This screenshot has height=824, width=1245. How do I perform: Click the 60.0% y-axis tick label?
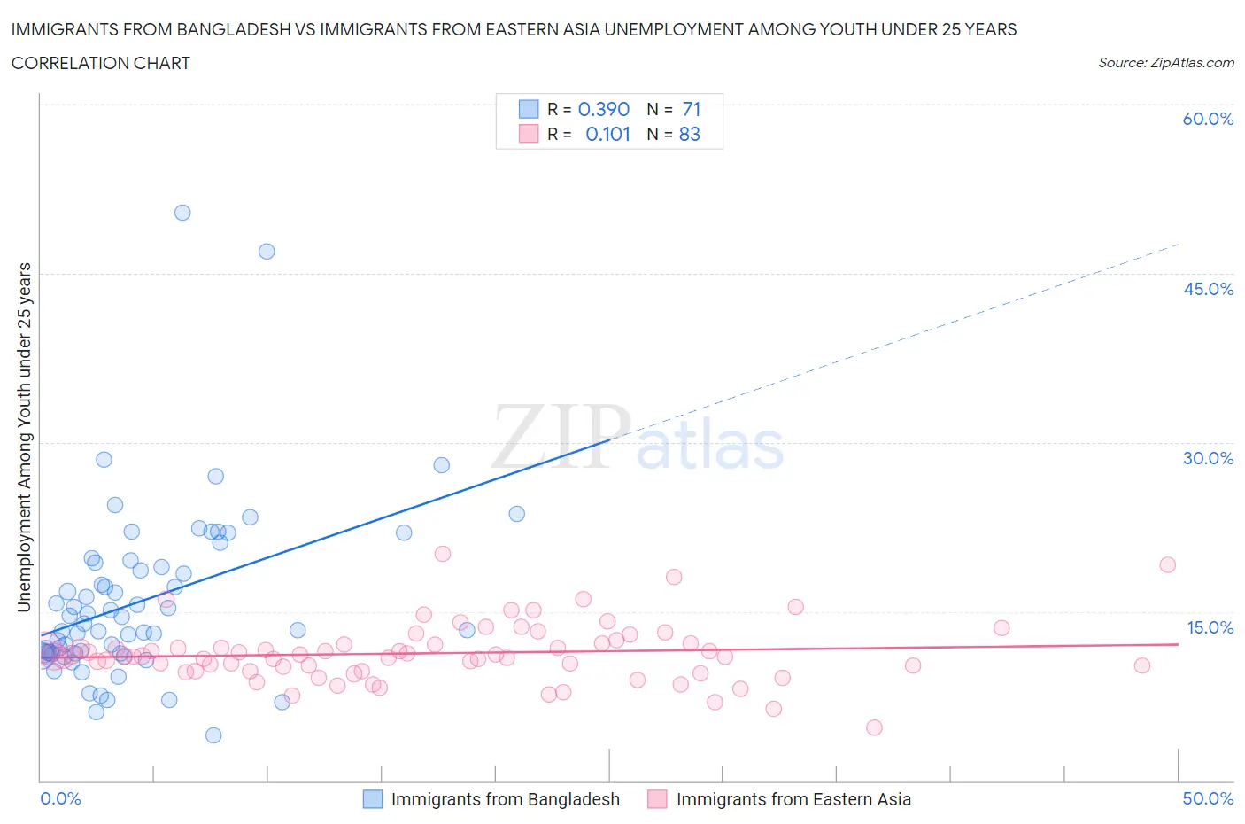tap(1208, 119)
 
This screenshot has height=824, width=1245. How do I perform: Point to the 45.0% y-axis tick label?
tap(1208, 289)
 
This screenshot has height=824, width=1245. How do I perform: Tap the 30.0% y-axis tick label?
tap(1208, 458)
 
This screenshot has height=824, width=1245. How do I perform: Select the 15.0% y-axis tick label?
tap(1210, 627)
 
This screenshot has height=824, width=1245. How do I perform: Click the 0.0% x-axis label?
tap(60, 798)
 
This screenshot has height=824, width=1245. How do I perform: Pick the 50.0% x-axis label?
tap(1208, 798)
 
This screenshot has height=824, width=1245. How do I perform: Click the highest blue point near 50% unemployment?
tap(182, 213)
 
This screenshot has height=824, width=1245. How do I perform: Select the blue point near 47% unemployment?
tap(267, 252)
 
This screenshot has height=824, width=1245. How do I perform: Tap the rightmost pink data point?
tap(1168, 565)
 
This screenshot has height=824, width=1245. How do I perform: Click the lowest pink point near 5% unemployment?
tap(874, 727)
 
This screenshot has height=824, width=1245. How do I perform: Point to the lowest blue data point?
tap(213, 735)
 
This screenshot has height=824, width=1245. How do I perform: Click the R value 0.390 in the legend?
tap(604, 109)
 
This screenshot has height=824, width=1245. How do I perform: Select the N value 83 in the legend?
tap(690, 134)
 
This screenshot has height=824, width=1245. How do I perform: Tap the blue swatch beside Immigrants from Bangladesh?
tap(373, 799)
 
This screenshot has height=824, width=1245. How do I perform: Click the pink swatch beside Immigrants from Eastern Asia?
tap(657, 799)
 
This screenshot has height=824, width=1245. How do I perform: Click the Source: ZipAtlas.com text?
tap(1165, 62)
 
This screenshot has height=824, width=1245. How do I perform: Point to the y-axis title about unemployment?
tap(24, 437)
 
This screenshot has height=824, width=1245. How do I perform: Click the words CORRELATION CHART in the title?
tap(101, 63)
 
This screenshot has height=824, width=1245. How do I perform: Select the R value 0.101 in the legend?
tap(607, 134)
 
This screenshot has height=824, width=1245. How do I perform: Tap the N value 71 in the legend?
tap(692, 109)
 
